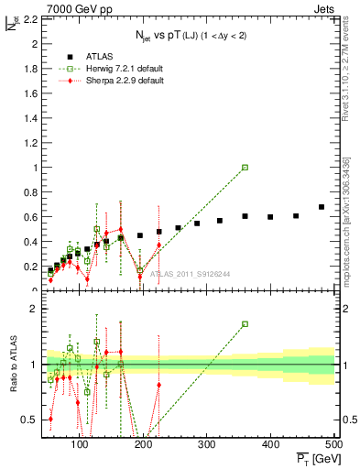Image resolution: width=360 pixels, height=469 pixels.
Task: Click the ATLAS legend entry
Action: tap(100, 55)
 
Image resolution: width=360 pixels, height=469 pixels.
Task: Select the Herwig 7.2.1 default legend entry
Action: tap(119, 68)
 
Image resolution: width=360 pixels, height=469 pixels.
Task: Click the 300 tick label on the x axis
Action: tap(206, 444)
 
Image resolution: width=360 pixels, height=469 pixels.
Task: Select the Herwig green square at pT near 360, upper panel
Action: tap(245, 168)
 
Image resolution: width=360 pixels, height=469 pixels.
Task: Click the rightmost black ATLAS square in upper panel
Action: tap(322, 207)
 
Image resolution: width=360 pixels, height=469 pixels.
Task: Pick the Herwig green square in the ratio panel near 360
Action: tap(245, 323)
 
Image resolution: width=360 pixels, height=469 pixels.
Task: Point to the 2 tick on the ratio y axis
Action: tap(31, 309)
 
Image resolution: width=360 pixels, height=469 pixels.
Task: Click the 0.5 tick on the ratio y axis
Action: tap(28, 420)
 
